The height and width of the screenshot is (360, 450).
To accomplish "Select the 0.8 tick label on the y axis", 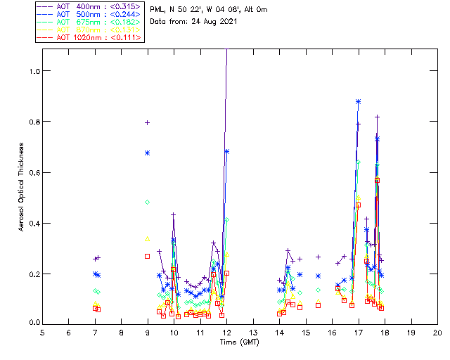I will coord(33,122).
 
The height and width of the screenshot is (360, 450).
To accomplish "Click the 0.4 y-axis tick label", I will coord(33,223).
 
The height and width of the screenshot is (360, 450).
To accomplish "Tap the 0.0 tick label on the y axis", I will coord(33,323).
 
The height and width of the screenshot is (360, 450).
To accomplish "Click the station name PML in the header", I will coord(158,10).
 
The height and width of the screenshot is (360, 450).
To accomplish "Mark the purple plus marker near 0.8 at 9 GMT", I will coord(148,122).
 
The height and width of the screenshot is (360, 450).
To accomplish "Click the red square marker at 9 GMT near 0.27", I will coord(148,256).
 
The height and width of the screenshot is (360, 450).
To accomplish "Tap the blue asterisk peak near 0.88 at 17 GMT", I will coord(359,102).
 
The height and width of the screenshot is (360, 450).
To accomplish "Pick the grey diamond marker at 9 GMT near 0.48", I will coord(148,202).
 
